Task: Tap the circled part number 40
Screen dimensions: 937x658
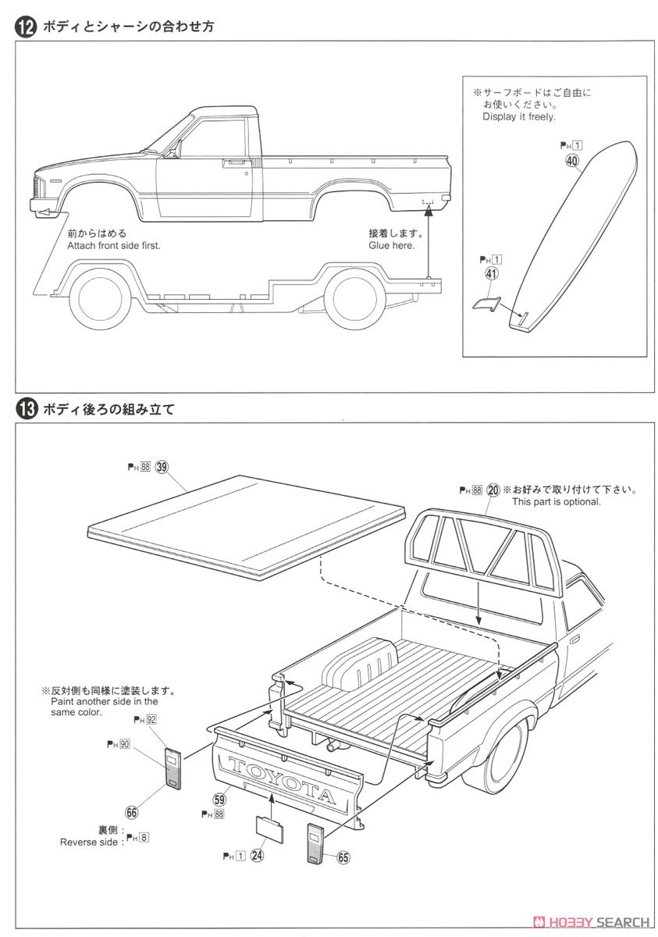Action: [x=572, y=162]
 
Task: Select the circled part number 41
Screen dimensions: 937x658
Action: [x=491, y=273]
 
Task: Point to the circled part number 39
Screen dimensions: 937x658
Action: [x=162, y=467]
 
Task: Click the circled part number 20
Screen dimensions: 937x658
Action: [x=493, y=490]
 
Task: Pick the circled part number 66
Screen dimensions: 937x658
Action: [x=132, y=812]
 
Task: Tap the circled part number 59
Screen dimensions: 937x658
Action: [x=219, y=799]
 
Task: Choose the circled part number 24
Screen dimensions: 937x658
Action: [x=257, y=855]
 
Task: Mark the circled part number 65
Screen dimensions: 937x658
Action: [x=343, y=857]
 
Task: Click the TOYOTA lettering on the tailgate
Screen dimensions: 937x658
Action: [x=280, y=778]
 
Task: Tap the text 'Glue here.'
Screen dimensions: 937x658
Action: [x=392, y=244]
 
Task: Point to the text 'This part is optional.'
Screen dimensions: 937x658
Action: [x=556, y=502]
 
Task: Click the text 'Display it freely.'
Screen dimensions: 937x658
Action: [x=519, y=116]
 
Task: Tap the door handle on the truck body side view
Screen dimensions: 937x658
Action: [x=232, y=164]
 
